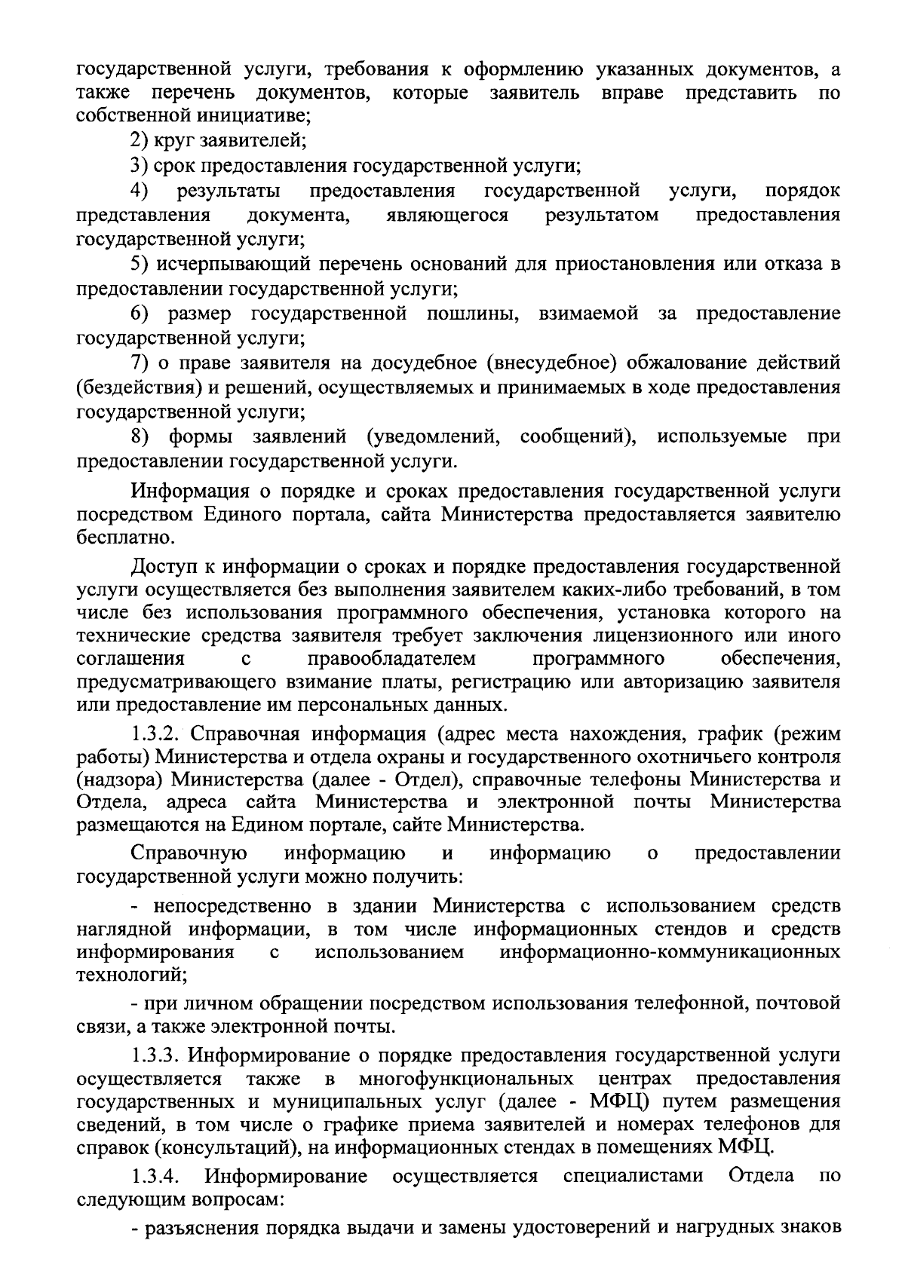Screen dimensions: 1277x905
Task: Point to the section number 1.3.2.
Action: coord(157,733)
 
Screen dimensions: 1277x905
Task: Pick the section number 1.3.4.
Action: coord(157,1176)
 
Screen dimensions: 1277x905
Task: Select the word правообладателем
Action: coord(392,659)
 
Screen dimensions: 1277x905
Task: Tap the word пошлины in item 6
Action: coord(473,313)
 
